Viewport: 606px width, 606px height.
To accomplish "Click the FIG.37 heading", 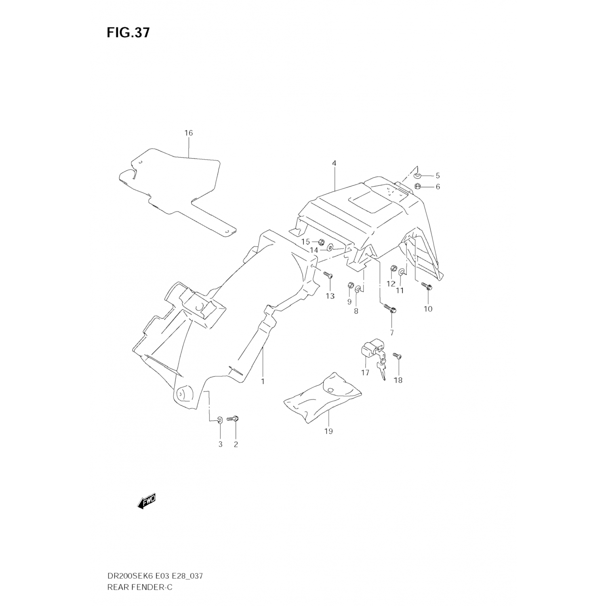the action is tap(128, 33).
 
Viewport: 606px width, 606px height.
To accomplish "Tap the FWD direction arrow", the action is tap(146, 501).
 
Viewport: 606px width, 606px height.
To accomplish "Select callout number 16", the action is tap(188, 133).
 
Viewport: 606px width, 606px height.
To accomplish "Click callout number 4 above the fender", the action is tap(334, 163).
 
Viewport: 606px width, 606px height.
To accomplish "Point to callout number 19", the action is tap(328, 431).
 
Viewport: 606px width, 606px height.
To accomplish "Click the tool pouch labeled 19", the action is tap(323, 398).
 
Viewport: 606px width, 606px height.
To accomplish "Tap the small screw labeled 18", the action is tap(398, 356).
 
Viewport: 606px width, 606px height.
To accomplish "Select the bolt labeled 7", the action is tap(390, 309).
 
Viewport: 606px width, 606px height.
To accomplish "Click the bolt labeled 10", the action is tap(427, 286).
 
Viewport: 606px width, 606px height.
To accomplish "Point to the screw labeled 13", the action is tap(328, 275).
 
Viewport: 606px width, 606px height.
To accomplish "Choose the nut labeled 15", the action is tap(321, 242).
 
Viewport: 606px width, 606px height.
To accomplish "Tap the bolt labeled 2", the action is tap(234, 419).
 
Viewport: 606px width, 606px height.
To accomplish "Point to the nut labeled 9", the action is tap(350, 287).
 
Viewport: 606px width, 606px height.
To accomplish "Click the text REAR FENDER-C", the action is tap(139, 587).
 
